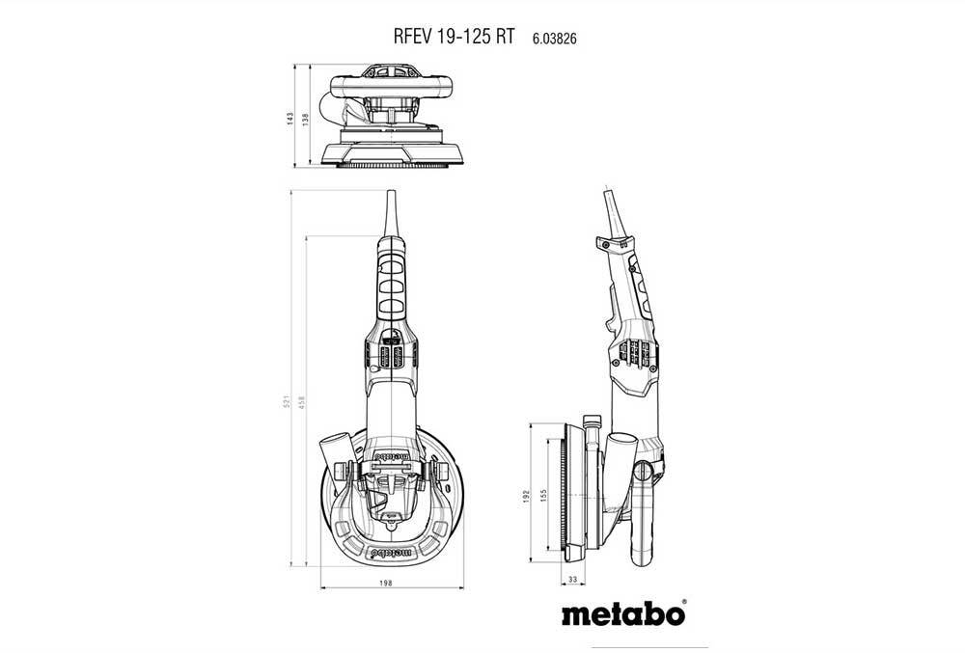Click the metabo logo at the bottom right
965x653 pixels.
pos(623,612)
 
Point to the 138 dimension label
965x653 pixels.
pos(305,119)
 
